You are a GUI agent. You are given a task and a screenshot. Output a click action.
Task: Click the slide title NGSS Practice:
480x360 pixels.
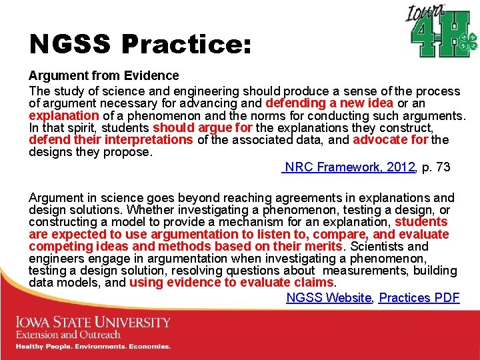(x=140, y=45)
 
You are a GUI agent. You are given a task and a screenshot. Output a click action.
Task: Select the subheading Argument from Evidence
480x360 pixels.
(x=103, y=76)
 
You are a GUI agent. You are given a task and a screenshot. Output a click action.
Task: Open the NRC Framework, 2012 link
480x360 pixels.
(x=349, y=167)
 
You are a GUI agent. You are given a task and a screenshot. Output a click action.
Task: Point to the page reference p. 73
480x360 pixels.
(x=436, y=167)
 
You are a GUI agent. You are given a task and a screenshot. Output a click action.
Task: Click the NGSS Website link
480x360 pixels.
(x=328, y=298)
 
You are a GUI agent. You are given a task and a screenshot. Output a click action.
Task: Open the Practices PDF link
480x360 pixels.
(x=419, y=298)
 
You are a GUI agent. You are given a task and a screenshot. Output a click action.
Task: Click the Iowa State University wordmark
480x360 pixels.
(x=93, y=323)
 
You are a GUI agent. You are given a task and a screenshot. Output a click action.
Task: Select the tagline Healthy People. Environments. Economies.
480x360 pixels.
(x=93, y=347)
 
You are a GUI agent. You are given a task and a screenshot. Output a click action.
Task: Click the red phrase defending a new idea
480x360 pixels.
(x=329, y=103)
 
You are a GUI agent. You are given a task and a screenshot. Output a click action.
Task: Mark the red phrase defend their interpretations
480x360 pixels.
(x=111, y=139)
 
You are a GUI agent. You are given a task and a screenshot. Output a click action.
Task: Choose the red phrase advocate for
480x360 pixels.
(x=391, y=139)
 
